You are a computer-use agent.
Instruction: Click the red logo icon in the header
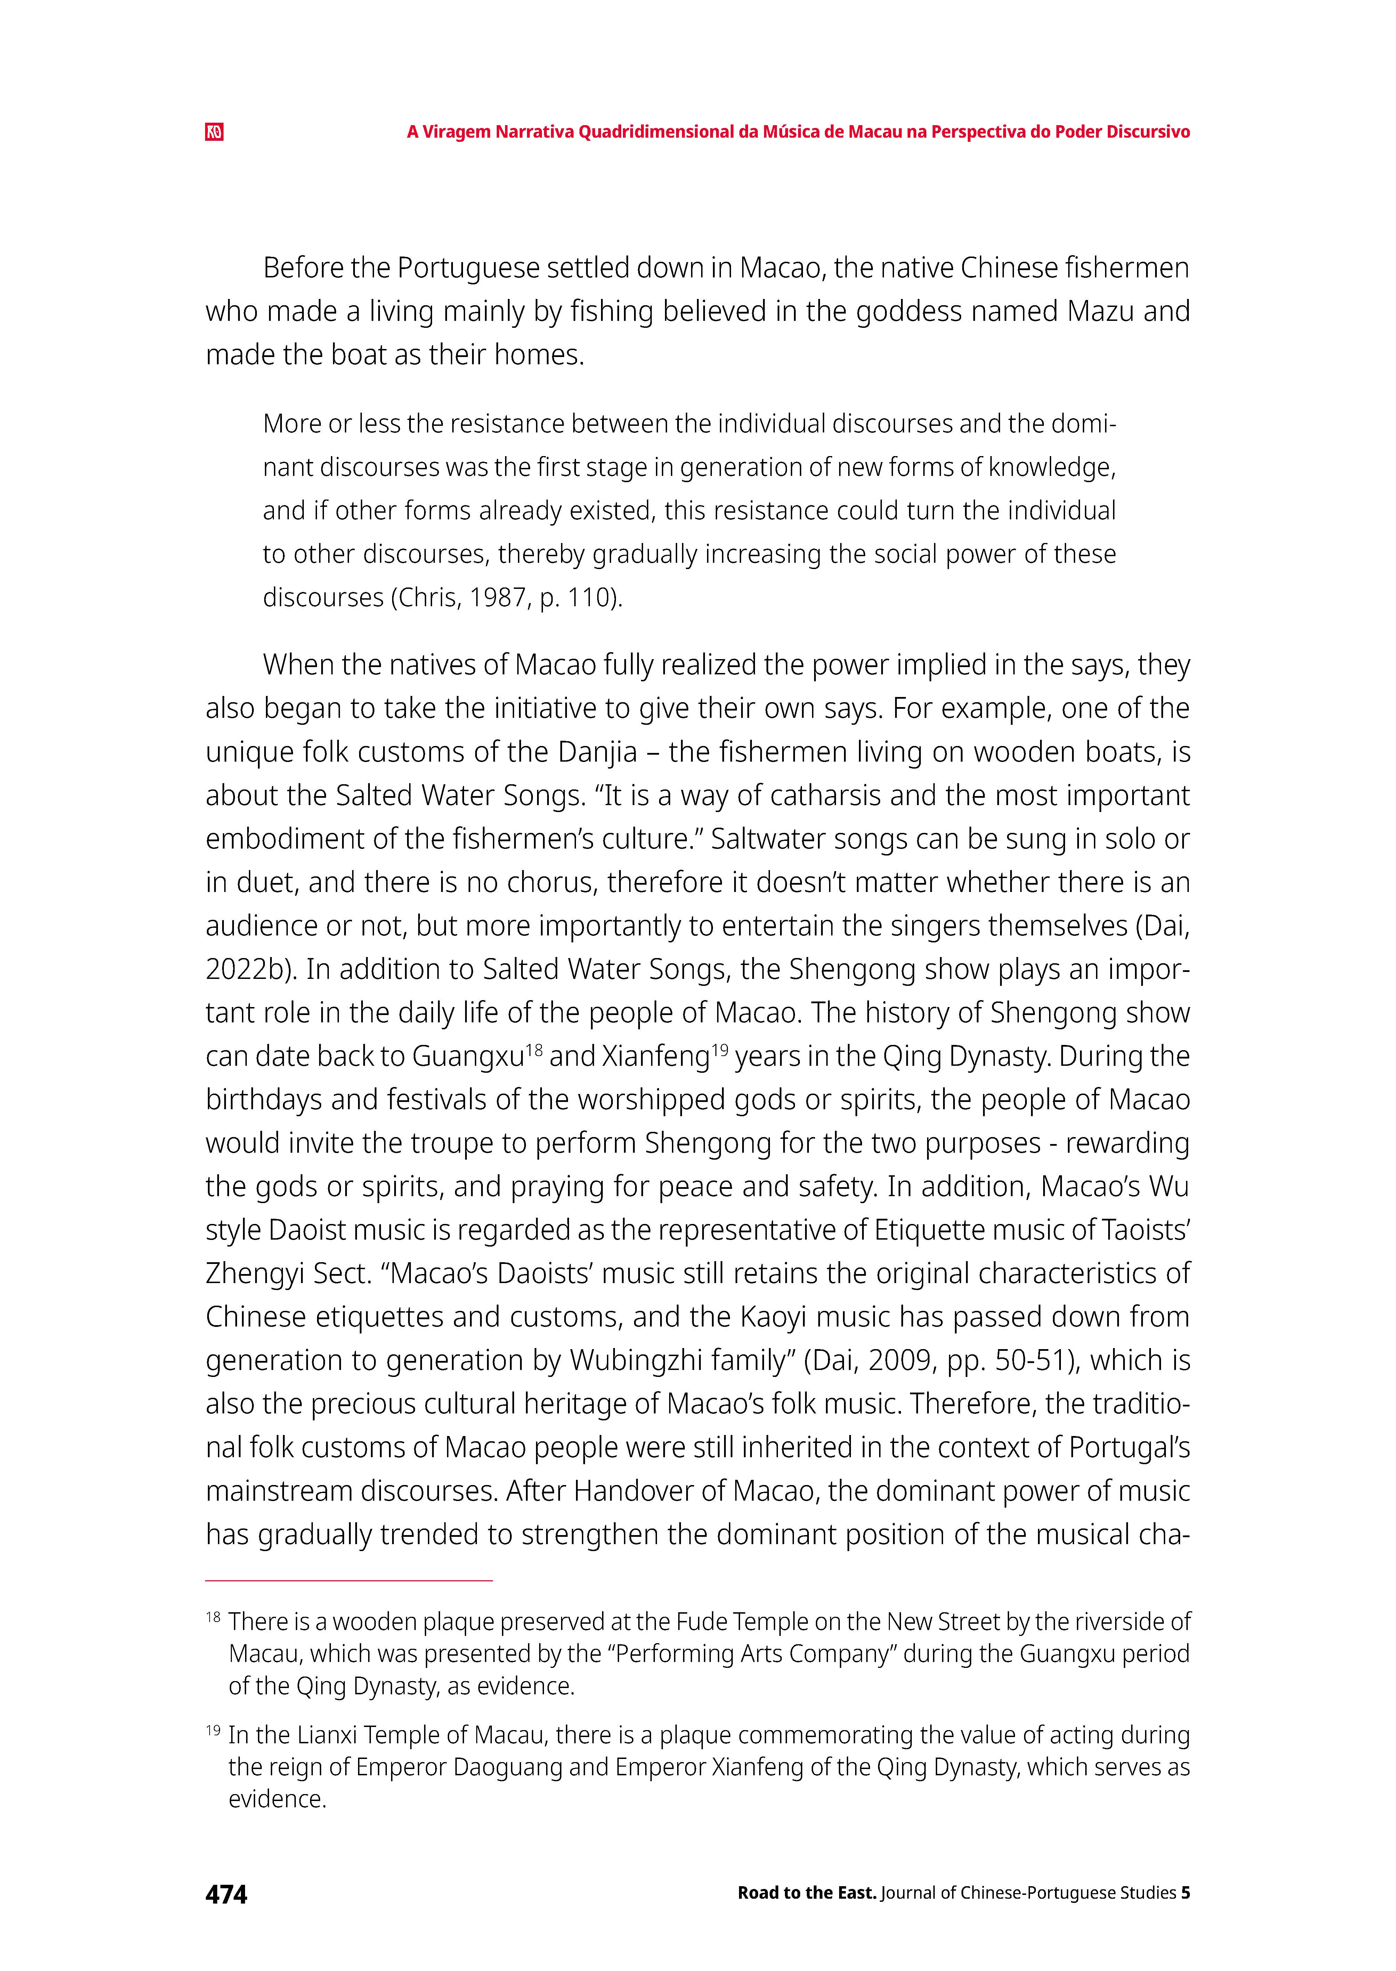[214, 132]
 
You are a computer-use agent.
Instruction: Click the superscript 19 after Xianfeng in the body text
[720, 1049]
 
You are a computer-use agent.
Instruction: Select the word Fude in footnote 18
[701, 1622]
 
